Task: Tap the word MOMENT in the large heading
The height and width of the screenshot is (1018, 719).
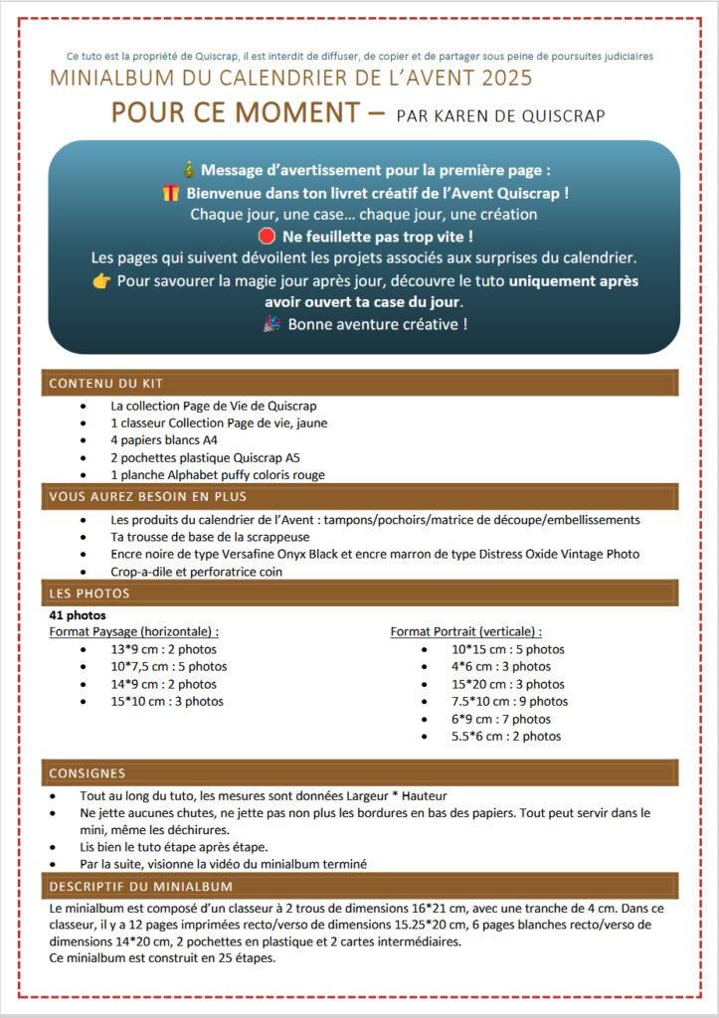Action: (296, 112)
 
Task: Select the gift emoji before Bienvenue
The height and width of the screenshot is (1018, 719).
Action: (170, 192)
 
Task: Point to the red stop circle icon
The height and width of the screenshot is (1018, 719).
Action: (266, 237)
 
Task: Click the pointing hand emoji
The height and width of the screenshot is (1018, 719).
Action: (100, 281)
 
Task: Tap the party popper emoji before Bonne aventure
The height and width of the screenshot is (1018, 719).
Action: (272, 324)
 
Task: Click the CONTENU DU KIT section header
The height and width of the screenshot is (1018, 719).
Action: (106, 383)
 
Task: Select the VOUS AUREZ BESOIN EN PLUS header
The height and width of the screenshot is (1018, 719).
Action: (148, 496)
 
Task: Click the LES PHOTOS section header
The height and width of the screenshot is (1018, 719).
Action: (90, 594)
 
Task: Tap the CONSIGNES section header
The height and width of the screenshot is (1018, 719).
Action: (88, 772)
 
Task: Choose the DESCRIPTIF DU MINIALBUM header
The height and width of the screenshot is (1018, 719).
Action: (140, 886)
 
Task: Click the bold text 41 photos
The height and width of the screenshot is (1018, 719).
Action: (79, 615)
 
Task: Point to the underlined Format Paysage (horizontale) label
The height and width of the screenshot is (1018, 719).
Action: (134, 631)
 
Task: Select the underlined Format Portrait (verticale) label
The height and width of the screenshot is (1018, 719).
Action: (465, 631)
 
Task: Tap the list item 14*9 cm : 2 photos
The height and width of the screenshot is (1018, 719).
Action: (163, 684)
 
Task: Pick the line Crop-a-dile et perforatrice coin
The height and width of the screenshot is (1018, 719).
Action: (197, 572)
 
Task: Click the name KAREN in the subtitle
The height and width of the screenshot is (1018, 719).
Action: (457, 115)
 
